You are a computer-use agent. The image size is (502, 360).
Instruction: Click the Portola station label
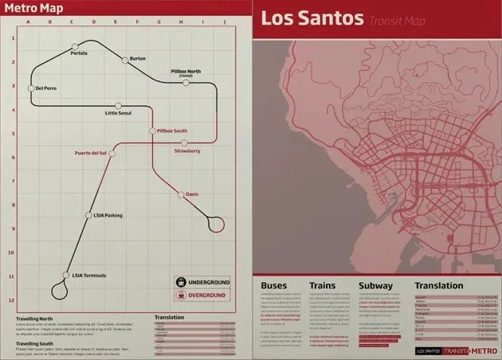(79, 53)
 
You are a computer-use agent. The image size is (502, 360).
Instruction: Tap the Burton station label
(137, 58)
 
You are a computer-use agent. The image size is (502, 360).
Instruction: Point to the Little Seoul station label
(118, 113)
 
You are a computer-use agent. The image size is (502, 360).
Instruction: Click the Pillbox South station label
(172, 130)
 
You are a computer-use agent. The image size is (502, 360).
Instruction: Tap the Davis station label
(192, 194)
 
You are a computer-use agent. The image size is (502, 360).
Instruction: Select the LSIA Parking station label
(108, 215)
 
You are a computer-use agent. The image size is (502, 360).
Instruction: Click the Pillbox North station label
(186, 72)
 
